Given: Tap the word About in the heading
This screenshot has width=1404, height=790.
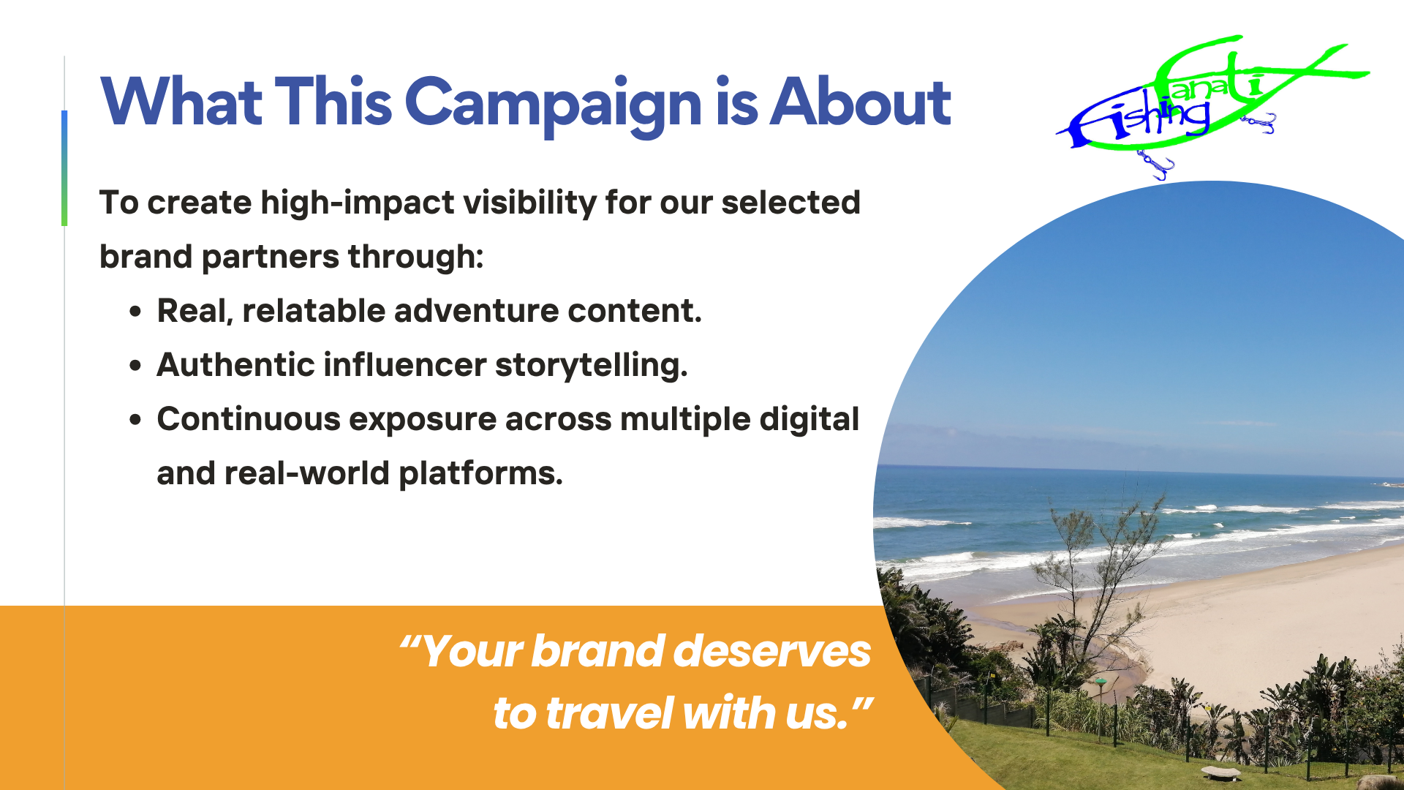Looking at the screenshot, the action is (861, 102).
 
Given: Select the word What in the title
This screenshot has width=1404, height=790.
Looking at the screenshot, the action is (181, 102).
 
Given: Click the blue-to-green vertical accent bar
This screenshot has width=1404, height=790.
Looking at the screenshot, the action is (64, 168).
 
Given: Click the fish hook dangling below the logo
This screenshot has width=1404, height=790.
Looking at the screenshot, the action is (1155, 165).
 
